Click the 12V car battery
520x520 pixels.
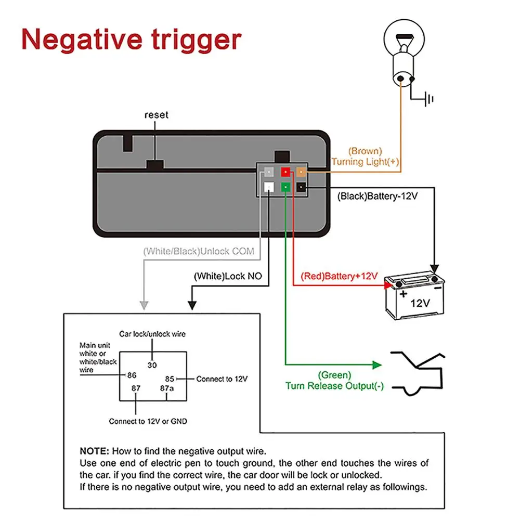(x=414, y=296)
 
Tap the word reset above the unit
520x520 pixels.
(x=157, y=115)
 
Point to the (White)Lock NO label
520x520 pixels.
(x=228, y=276)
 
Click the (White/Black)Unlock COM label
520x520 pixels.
(x=199, y=252)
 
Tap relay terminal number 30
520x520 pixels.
(x=152, y=365)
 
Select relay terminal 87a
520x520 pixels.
(x=166, y=388)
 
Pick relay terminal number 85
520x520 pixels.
(x=170, y=379)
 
